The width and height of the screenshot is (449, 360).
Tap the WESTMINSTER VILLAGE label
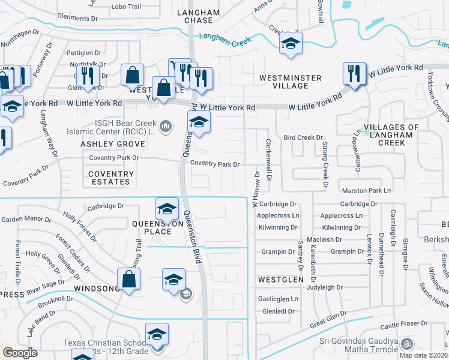click(x=290, y=82)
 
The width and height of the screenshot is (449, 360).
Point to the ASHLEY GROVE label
click(x=113, y=145)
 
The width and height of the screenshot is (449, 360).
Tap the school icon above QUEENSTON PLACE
click(x=167, y=208)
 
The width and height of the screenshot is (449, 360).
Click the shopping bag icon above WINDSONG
click(x=128, y=278)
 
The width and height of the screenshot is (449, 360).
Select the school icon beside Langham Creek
click(x=291, y=43)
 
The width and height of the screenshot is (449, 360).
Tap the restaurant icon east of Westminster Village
click(x=354, y=74)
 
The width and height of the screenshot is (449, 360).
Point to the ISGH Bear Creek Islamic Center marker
click(x=167, y=125)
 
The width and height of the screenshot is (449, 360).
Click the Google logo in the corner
click(x=20, y=352)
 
